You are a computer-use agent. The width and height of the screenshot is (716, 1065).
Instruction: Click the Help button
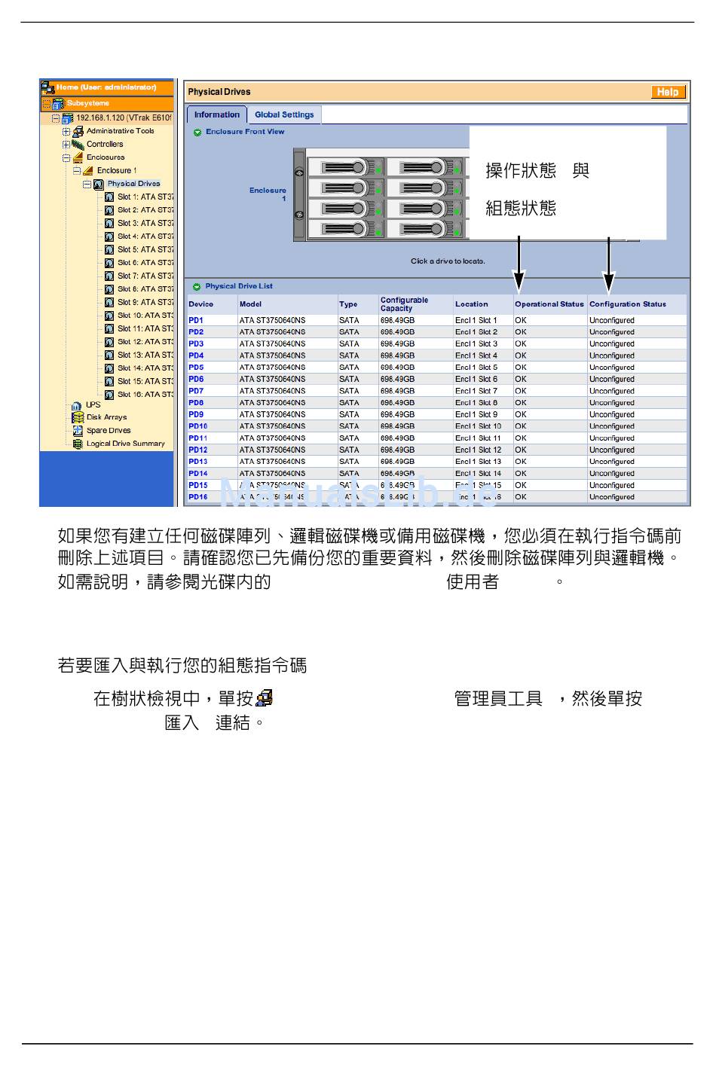click(x=668, y=92)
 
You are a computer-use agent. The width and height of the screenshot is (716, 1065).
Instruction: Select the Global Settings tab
click(x=284, y=114)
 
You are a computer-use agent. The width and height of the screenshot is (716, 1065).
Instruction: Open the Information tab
click(x=216, y=114)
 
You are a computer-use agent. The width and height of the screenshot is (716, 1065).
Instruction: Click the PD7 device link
click(x=196, y=391)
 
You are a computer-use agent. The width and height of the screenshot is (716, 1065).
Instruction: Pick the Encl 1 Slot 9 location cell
click(x=476, y=414)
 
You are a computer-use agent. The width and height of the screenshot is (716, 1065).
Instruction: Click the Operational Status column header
click(x=549, y=304)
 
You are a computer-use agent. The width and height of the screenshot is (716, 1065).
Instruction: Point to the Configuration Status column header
click(x=627, y=304)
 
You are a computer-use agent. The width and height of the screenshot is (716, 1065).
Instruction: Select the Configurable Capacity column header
click(x=404, y=304)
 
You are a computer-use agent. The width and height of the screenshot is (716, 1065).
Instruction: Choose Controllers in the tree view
click(x=105, y=144)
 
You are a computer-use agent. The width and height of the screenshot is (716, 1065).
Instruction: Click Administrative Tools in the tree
click(x=120, y=131)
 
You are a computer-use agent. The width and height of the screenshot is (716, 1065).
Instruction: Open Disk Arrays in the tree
click(x=106, y=417)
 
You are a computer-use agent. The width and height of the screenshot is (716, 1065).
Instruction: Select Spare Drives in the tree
click(x=108, y=431)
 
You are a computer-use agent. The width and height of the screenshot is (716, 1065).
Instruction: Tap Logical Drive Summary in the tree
click(x=125, y=444)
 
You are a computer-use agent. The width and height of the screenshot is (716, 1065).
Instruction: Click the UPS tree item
click(x=93, y=404)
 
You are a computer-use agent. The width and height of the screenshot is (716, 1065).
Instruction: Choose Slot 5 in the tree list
click(x=145, y=249)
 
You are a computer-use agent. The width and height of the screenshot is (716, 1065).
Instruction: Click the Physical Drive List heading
click(x=238, y=286)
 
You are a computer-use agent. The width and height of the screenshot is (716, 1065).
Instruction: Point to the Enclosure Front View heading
click(x=245, y=132)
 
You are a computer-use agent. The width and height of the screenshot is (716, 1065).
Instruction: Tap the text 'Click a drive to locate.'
click(x=448, y=261)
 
